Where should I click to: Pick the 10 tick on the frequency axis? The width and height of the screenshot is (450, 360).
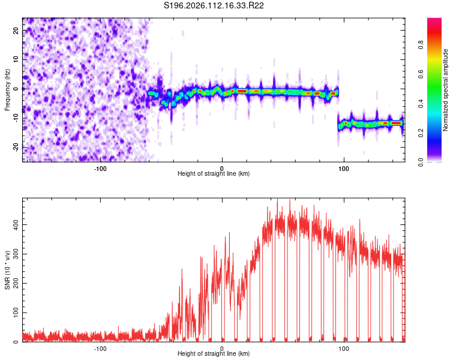point(16,59)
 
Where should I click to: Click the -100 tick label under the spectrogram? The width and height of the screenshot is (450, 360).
point(100,169)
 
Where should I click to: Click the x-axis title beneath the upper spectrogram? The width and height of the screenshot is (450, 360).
point(214,174)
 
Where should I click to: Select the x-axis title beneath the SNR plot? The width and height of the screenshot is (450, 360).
point(214,354)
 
